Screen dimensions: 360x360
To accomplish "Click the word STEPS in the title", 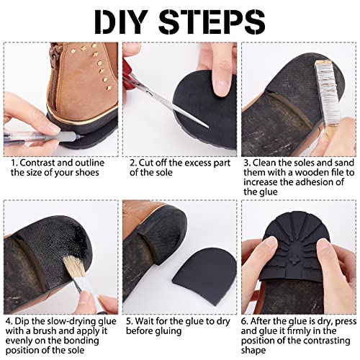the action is coord(212,22).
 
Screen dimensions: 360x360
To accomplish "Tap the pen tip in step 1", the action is coord(81,138).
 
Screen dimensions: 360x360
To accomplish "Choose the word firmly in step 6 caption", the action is coord(300,331).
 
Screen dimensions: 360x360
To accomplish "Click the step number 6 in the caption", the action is coord(244,321).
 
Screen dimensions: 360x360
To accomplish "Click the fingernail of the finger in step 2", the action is coord(221,87).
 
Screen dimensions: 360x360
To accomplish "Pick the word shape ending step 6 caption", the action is coord(253,351).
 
